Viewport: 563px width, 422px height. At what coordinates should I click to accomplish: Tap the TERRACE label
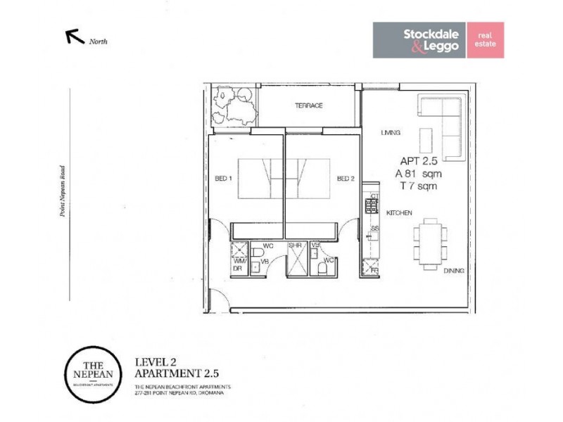(x=308, y=105)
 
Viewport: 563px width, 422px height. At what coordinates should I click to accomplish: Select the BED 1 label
(x=224, y=179)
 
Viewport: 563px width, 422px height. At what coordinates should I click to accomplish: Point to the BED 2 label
(x=345, y=179)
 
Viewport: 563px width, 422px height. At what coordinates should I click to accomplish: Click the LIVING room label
(x=391, y=132)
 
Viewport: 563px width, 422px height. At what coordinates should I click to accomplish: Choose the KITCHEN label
(x=399, y=212)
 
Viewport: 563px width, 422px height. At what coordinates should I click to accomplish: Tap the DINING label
(x=453, y=269)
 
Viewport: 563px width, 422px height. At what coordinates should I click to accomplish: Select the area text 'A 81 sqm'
(x=417, y=173)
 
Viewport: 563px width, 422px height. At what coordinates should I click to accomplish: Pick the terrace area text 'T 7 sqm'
(x=418, y=186)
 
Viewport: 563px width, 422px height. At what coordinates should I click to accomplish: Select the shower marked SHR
(x=295, y=260)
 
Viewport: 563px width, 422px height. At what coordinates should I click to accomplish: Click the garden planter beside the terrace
(x=234, y=108)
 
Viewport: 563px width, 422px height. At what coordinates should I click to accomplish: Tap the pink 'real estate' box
(x=485, y=39)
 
